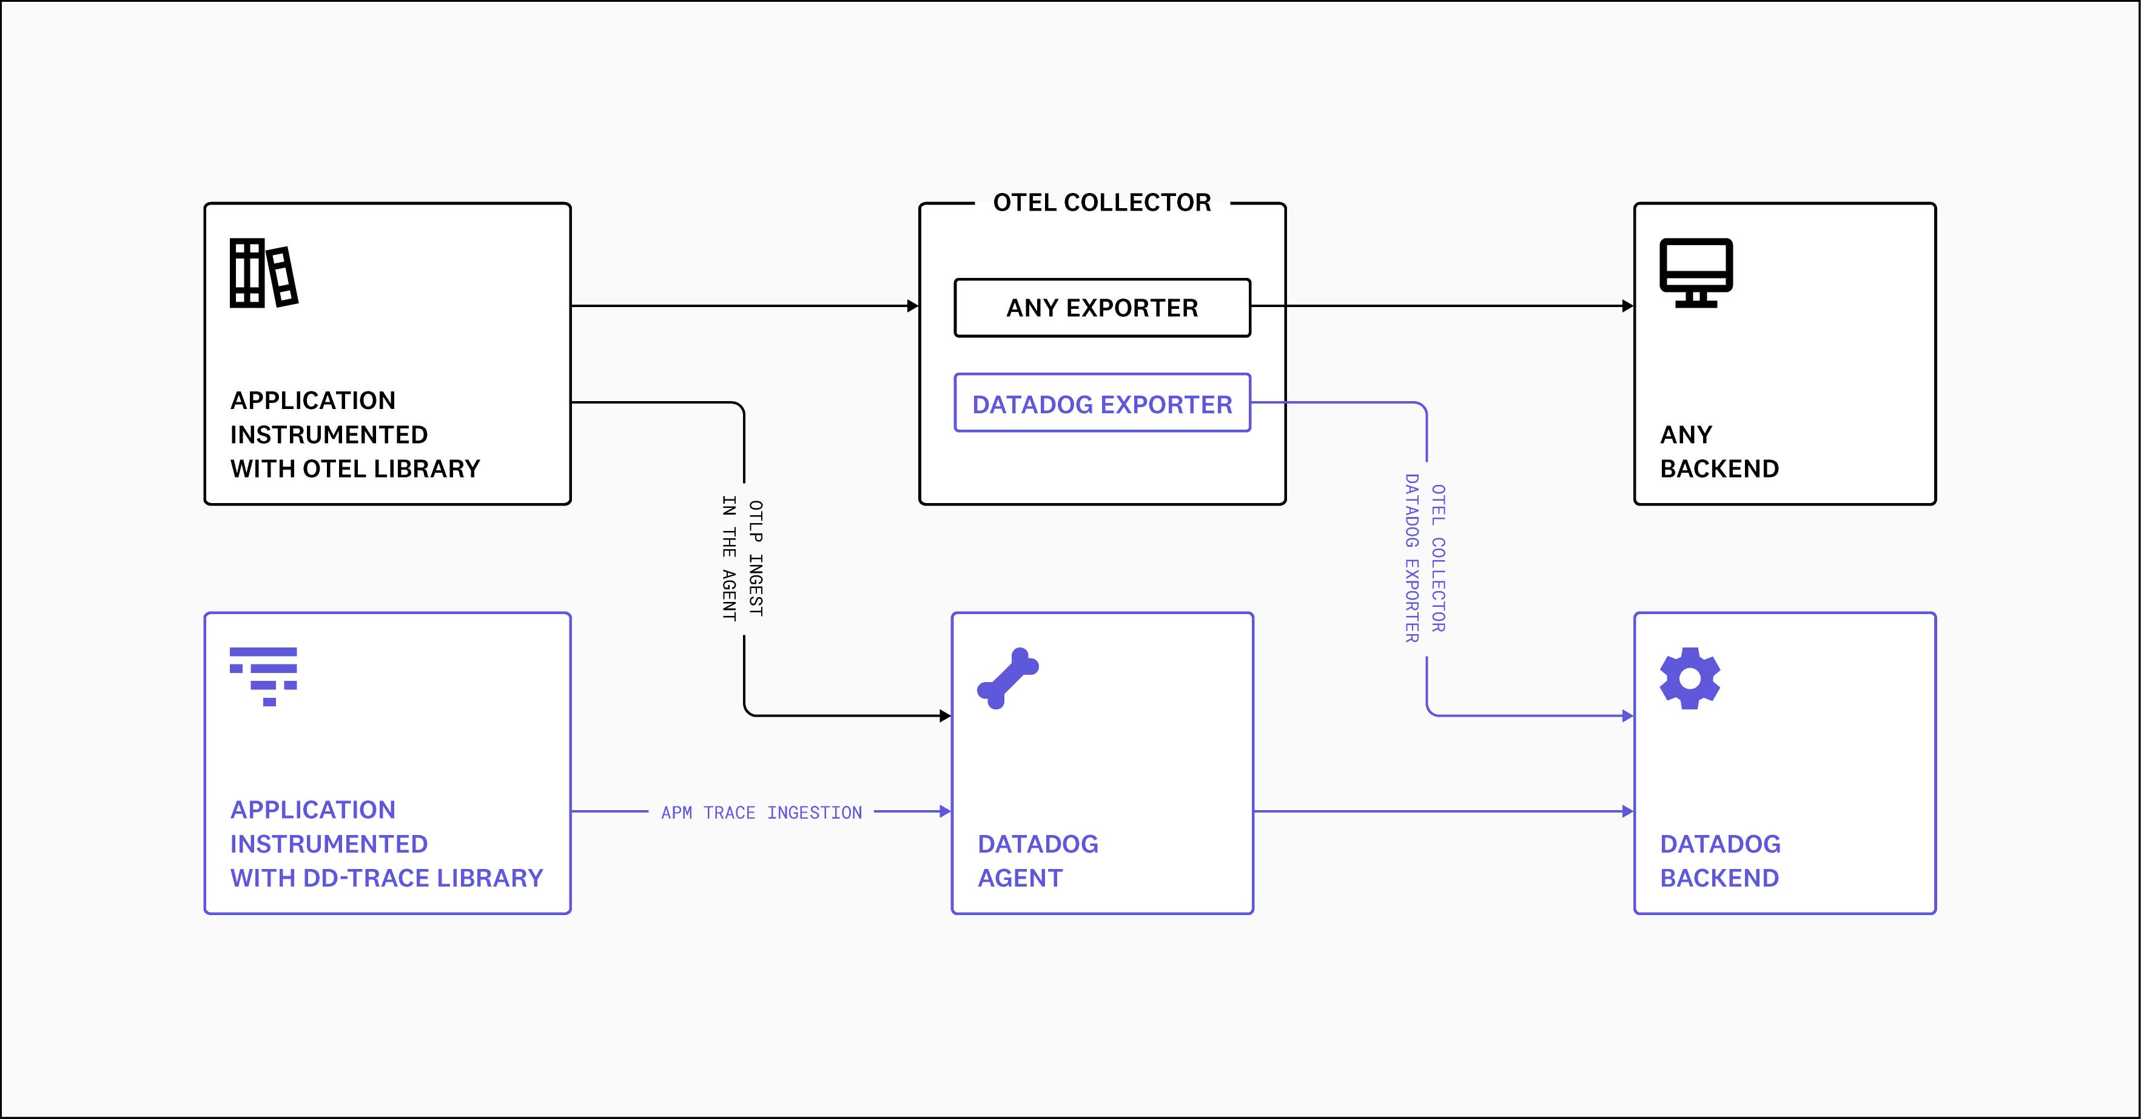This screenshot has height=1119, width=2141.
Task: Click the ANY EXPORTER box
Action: pyautogui.click(x=1102, y=308)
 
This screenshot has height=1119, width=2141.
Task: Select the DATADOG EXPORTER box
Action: pyautogui.click(x=1102, y=404)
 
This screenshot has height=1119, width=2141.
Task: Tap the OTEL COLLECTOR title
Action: pyautogui.click(x=1102, y=203)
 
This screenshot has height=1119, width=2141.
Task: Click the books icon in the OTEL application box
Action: pyautogui.click(x=263, y=274)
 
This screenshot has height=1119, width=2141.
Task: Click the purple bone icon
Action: pyautogui.click(x=1007, y=678)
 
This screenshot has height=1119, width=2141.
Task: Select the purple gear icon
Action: pyautogui.click(x=1690, y=678)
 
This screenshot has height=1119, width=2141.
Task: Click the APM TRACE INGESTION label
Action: pyautogui.click(x=761, y=812)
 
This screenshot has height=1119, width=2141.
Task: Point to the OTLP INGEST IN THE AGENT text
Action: pyautogui.click(x=742, y=559)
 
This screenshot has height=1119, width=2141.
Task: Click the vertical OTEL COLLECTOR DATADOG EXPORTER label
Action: pyautogui.click(x=1425, y=559)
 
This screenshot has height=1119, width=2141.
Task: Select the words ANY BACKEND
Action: pyautogui.click(x=1719, y=451)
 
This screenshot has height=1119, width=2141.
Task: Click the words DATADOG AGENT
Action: pyautogui.click(x=1037, y=860)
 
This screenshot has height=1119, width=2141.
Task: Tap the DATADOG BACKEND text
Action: pyautogui.click(x=1719, y=860)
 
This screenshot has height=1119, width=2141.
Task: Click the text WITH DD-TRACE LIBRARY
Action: pyautogui.click(x=386, y=878)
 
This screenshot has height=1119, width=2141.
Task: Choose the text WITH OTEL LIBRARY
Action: pyautogui.click(x=355, y=469)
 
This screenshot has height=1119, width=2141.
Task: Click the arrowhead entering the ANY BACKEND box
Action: pyautogui.click(x=1627, y=306)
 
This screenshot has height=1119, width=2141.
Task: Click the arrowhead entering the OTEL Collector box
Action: pyautogui.click(x=913, y=306)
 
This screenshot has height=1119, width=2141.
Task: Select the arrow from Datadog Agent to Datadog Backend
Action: pyautogui.click(x=1442, y=811)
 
